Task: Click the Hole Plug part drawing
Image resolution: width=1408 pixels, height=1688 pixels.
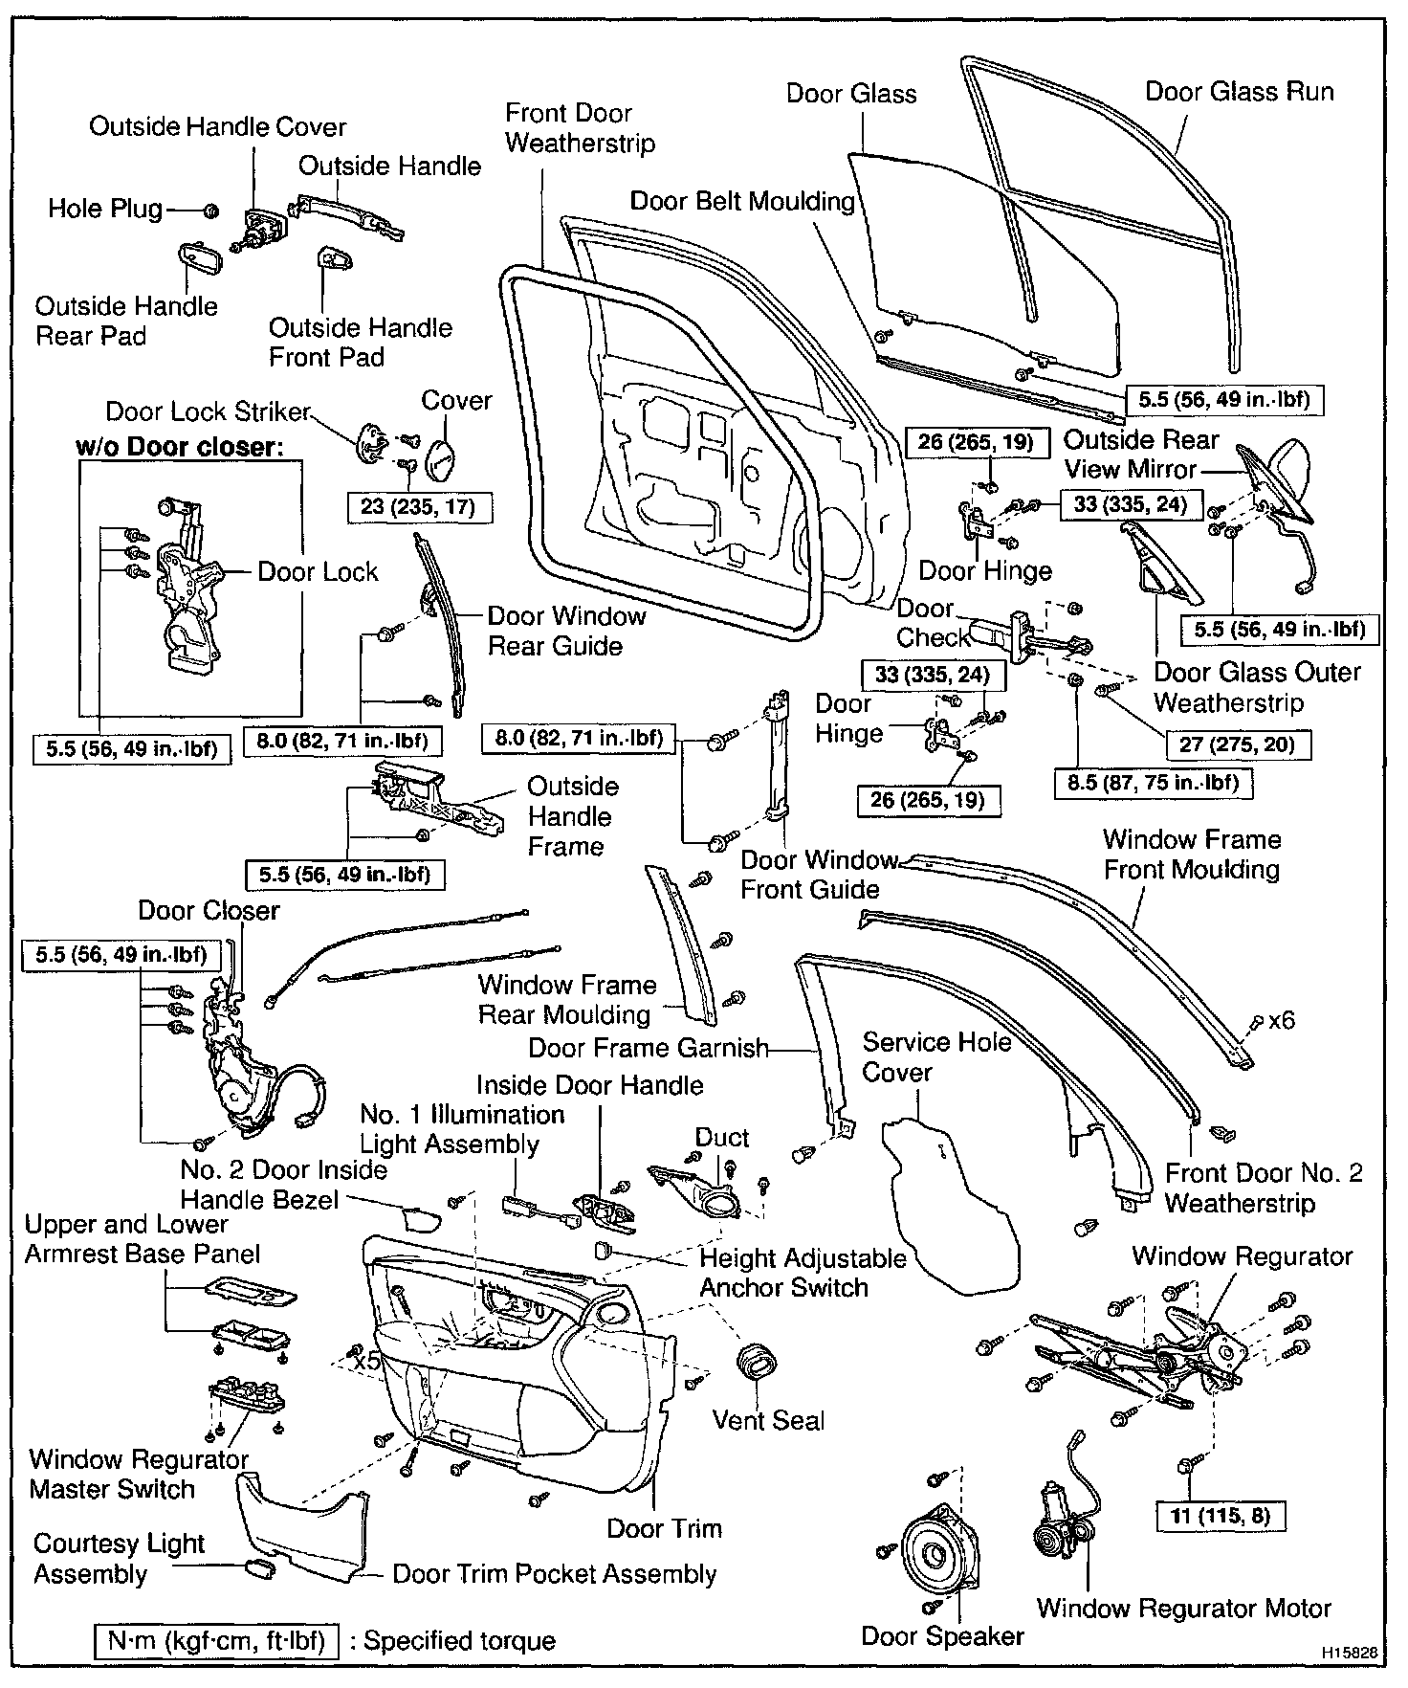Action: [212, 210]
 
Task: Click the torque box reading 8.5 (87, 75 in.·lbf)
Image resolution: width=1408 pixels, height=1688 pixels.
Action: [1154, 783]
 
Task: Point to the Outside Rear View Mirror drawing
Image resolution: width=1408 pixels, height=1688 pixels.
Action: [1282, 482]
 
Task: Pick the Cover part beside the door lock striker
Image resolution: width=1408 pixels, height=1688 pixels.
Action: [441, 457]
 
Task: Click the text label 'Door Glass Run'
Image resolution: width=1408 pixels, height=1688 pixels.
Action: [1239, 92]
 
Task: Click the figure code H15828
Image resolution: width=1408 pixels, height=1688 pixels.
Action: [1351, 1652]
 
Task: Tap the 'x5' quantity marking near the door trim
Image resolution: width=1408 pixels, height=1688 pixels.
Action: [367, 1360]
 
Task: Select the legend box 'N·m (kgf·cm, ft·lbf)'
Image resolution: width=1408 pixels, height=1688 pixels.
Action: [216, 1640]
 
